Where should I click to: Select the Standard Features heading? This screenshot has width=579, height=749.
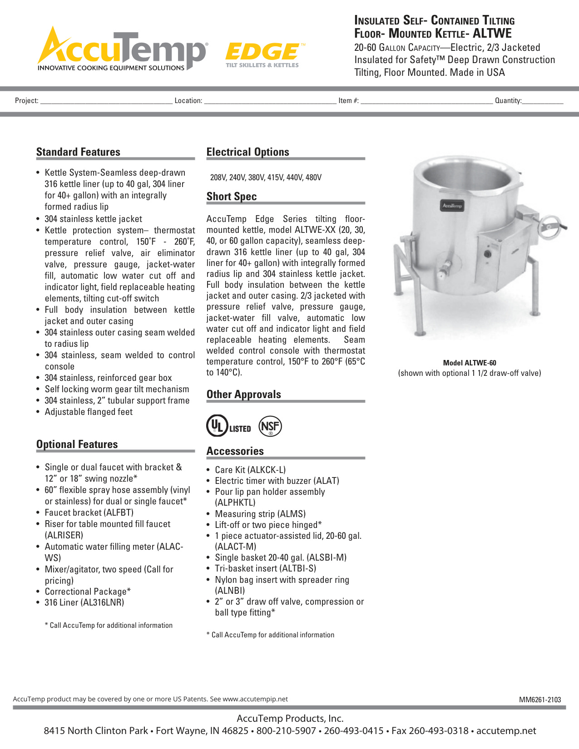(x=78, y=152)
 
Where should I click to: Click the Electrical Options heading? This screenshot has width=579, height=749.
(x=247, y=152)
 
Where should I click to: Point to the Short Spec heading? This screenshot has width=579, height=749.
(x=232, y=197)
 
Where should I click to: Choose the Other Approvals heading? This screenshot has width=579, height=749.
(x=243, y=394)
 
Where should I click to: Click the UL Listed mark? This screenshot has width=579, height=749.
(x=228, y=426)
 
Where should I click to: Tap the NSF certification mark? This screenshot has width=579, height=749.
(x=270, y=426)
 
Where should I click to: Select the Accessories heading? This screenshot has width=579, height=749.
(x=235, y=451)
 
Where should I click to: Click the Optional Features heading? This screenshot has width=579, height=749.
(x=77, y=444)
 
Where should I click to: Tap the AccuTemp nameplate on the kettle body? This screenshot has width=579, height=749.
(x=452, y=206)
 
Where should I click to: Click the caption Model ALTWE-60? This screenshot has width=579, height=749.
(x=470, y=363)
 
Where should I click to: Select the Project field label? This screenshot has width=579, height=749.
(x=26, y=101)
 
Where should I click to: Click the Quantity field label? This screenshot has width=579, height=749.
(x=508, y=101)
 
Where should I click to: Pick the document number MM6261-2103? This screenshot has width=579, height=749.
(x=540, y=700)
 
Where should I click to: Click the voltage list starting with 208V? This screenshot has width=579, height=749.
(x=266, y=177)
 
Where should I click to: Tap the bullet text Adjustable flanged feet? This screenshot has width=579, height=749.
(x=89, y=412)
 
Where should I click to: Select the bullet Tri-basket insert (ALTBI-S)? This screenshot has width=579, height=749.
(x=265, y=568)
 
